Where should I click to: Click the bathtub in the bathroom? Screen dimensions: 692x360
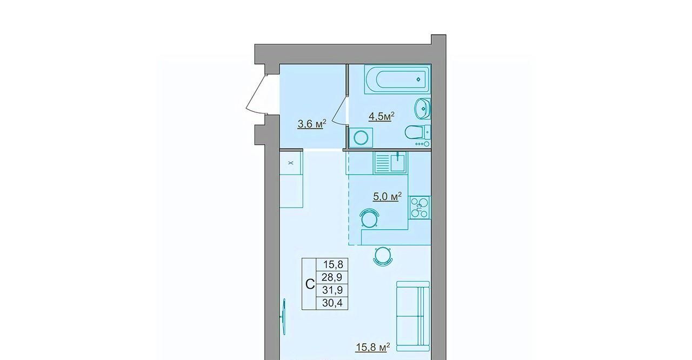pos(397,79)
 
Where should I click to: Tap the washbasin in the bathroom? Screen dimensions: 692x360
pos(422,108)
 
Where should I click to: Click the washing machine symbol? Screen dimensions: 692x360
pos(361,138)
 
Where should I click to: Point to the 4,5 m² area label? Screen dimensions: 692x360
pos(382,116)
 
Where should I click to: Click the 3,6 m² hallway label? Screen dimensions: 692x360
pos(312,124)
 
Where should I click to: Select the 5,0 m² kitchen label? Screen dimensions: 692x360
pos(388,196)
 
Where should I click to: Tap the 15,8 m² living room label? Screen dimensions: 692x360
pos(372,348)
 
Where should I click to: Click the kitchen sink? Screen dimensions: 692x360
pos(390,163)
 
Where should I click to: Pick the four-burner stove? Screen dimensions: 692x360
pos(419,208)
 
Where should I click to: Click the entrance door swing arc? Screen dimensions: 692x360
pos(255,94)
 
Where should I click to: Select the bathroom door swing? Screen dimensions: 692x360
pos(339,111)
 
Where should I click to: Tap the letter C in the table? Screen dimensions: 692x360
pos(310,284)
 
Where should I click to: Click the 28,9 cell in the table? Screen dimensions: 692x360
pos(332,277)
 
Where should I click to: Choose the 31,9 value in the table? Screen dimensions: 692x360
pos(332,290)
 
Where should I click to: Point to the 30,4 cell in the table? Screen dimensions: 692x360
pos(332,303)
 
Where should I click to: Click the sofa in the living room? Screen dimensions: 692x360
pos(413,316)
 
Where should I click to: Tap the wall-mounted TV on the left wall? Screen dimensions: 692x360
pos(283,316)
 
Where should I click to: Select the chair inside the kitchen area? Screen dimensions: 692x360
pos(369,218)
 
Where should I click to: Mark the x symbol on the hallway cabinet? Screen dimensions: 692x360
pos(291,163)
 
